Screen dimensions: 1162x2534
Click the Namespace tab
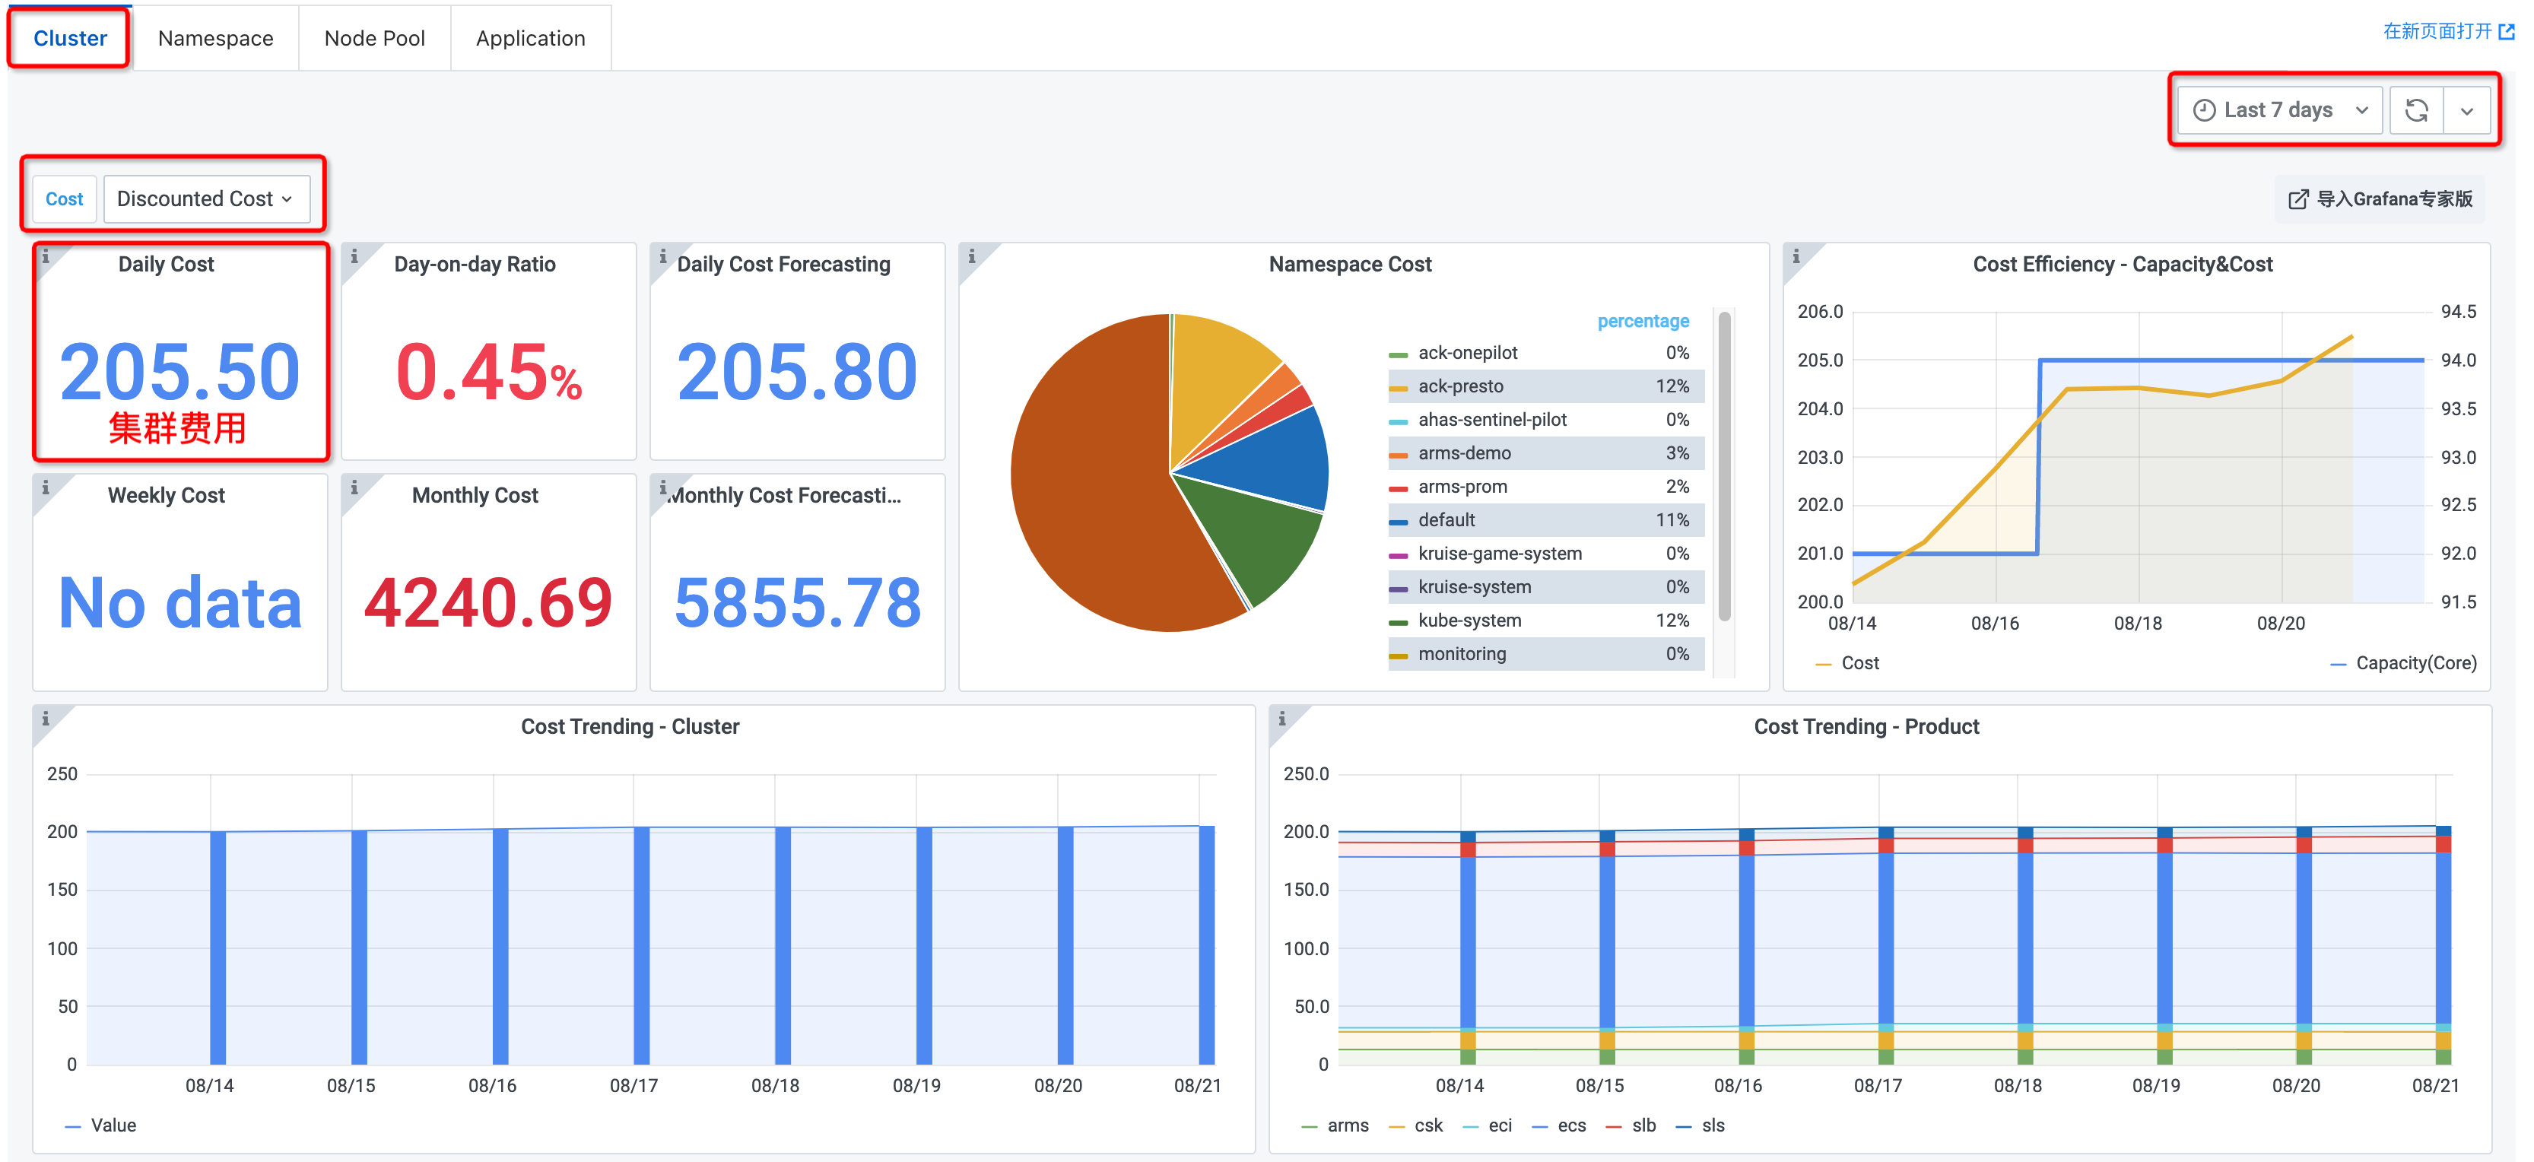click(215, 38)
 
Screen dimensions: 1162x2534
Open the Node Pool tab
click(374, 38)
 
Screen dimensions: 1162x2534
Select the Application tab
click(530, 38)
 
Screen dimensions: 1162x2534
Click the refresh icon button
click(2416, 110)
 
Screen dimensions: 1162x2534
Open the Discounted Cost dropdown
click(205, 198)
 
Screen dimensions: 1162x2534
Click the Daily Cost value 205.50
click(180, 372)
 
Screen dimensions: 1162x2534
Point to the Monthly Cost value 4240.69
click(489, 602)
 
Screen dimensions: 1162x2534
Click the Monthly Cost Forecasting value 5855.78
click(798, 602)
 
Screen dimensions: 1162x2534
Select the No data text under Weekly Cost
click(180, 602)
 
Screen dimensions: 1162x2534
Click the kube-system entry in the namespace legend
click(1469, 621)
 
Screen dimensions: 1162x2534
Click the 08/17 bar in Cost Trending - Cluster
click(641, 945)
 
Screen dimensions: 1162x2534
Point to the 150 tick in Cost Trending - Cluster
click(62, 890)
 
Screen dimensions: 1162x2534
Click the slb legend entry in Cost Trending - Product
click(1643, 1125)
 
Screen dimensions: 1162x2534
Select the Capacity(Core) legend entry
click(2415, 663)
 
